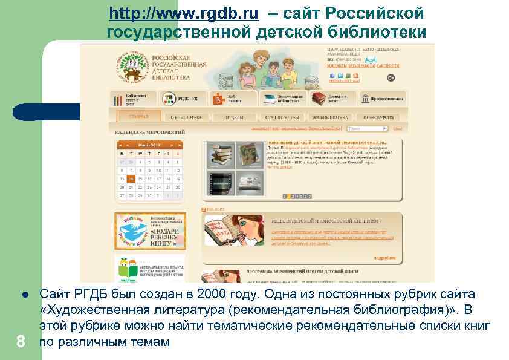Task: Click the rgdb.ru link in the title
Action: click(184, 13)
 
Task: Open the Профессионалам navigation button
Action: click(381, 99)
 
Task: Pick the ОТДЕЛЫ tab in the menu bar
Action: click(233, 117)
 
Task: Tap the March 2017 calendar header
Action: click(149, 145)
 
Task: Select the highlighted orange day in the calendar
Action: click(131, 178)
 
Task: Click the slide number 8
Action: click(21, 342)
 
